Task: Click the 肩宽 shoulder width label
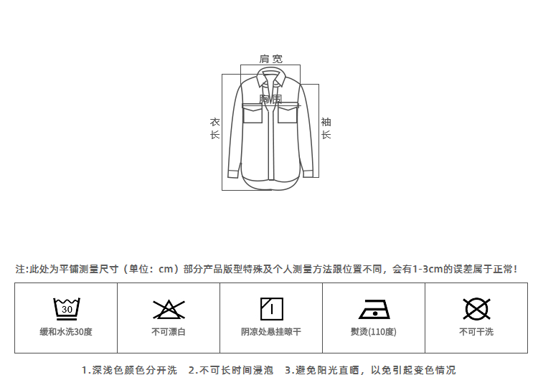[270, 59]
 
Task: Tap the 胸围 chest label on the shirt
[270, 99]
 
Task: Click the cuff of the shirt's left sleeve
[233, 172]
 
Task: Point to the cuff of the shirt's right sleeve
[308, 172]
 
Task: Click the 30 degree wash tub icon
[66, 308]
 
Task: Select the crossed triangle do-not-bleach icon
[169, 309]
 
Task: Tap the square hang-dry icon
[270, 308]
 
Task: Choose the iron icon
[373, 309]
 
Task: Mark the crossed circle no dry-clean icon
[476, 308]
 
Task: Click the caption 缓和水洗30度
[66, 332]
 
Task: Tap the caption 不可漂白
[169, 332]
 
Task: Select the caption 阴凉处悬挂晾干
[270, 332]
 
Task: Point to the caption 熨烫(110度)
[373, 332]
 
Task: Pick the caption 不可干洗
[476, 332]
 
